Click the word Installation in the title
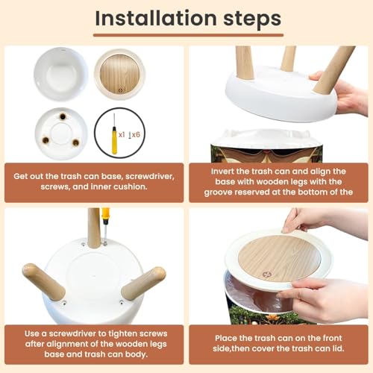(x=156, y=18)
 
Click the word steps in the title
(x=252, y=19)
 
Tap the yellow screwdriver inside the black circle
(x=114, y=134)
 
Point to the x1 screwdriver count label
(x=122, y=135)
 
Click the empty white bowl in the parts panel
(x=61, y=75)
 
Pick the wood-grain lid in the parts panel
(x=120, y=74)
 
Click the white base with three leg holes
(x=61, y=134)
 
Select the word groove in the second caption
(x=218, y=192)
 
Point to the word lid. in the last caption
(x=337, y=348)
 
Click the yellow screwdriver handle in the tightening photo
(x=104, y=216)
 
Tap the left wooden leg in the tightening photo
(x=43, y=280)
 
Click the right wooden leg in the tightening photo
(x=144, y=280)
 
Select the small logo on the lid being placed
(x=267, y=275)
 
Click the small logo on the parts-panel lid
(x=121, y=90)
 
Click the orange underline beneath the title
(x=188, y=35)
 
